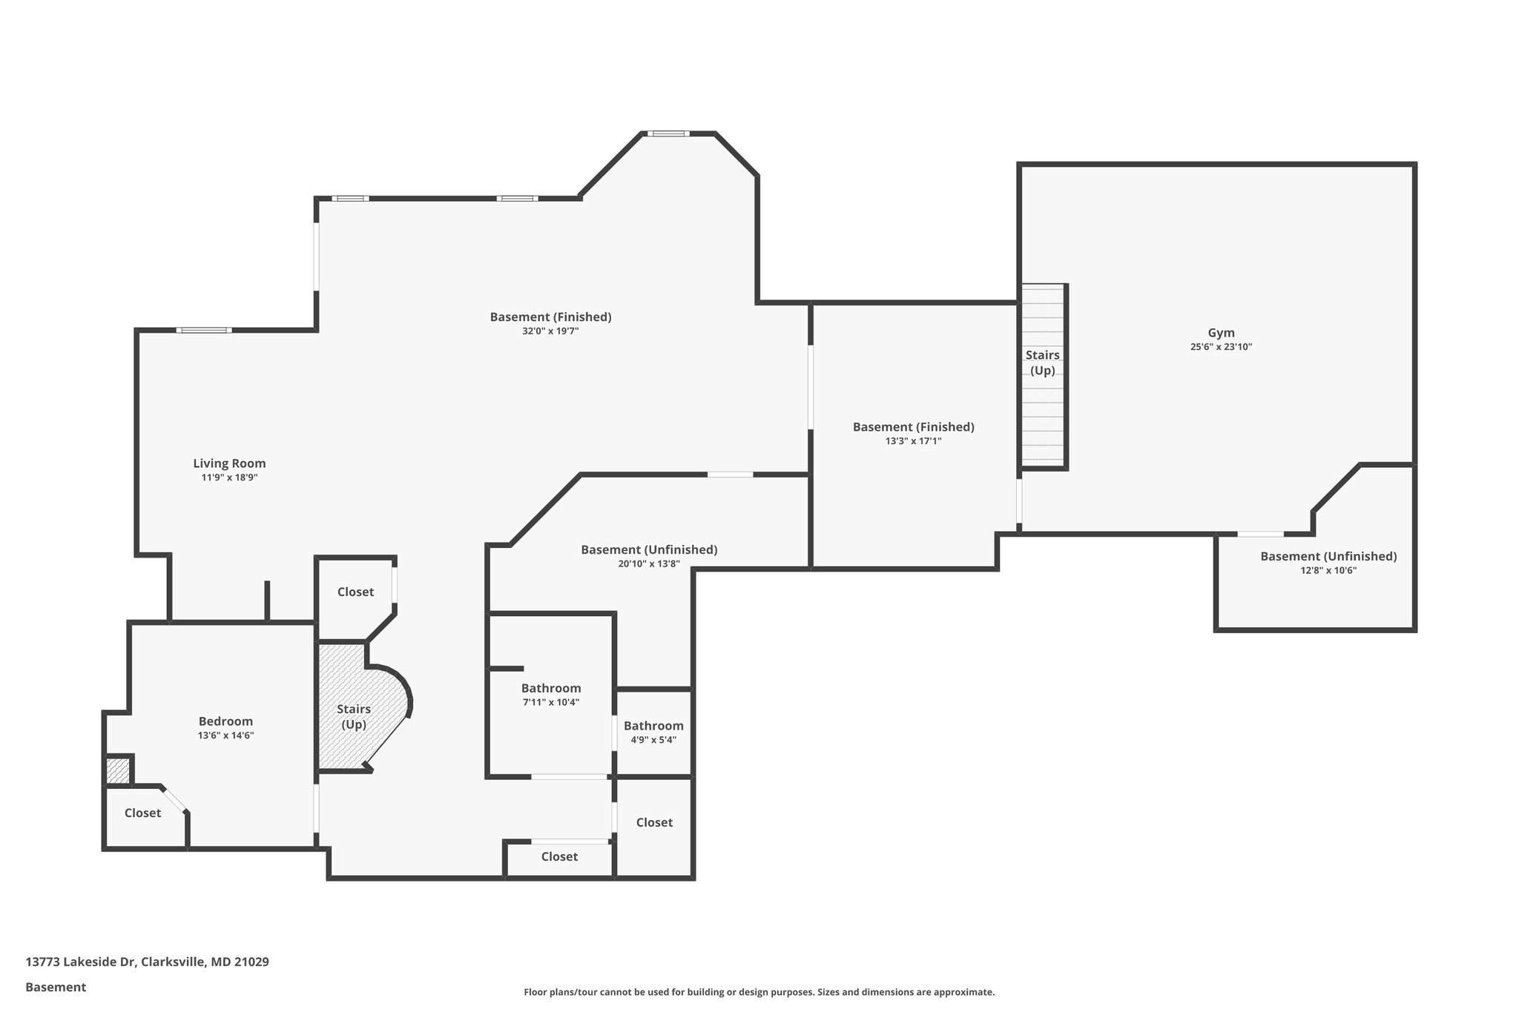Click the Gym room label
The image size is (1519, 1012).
(x=1221, y=333)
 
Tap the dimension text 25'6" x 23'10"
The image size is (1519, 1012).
(x=1221, y=347)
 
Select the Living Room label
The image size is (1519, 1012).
(x=229, y=463)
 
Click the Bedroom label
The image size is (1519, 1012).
(x=225, y=721)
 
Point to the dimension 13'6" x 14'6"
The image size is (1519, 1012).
(x=225, y=735)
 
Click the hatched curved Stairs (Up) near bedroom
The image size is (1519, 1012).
(x=354, y=716)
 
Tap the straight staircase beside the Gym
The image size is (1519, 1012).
(x=1043, y=377)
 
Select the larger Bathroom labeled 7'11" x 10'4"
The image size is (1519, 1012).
(x=550, y=688)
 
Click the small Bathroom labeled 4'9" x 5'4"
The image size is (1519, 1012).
(x=653, y=726)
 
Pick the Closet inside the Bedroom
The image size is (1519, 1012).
(x=142, y=813)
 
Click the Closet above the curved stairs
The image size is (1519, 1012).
(x=355, y=592)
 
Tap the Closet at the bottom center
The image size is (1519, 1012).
(x=559, y=857)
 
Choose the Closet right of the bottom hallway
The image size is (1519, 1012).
(x=654, y=822)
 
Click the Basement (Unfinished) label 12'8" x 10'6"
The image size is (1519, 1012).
(x=1328, y=557)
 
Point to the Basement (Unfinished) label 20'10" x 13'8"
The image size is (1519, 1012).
(x=649, y=550)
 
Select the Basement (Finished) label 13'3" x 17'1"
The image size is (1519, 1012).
(x=913, y=427)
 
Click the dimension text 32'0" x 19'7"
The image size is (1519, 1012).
(x=550, y=331)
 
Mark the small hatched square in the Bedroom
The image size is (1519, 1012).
(x=117, y=770)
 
